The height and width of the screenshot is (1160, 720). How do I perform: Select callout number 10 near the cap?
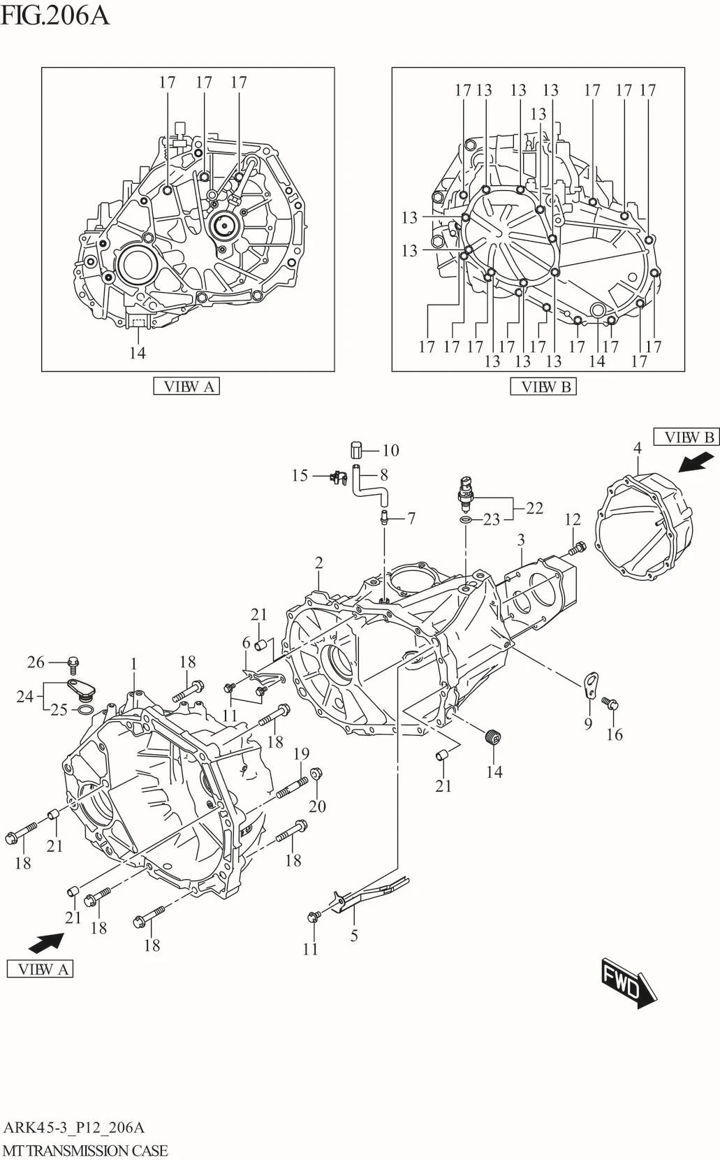click(x=390, y=451)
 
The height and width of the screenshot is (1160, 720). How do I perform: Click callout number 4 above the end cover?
click(x=637, y=448)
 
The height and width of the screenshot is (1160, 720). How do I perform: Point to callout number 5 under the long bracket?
click(x=354, y=936)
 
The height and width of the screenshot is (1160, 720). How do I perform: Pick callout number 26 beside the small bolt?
click(x=36, y=662)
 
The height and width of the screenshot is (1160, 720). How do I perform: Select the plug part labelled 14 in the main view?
click(x=494, y=737)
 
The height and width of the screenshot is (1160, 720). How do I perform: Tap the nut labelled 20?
click(x=315, y=773)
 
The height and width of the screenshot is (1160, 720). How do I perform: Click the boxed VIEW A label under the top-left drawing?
click(x=186, y=386)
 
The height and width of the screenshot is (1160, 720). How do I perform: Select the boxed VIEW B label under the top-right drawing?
click(x=543, y=386)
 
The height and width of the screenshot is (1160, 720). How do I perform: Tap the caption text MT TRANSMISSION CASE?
click(x=85, y=1150)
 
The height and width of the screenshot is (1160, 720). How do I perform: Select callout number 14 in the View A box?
click(x=137, y=353)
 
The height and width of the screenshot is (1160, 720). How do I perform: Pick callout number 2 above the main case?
click(x=318, y=563)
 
